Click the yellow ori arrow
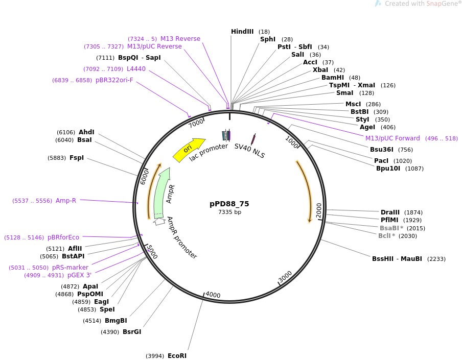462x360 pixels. coord(188,150)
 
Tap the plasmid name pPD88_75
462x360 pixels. coord(229,203)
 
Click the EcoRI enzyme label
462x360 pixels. coord(177,355)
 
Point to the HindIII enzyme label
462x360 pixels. coord(242,32)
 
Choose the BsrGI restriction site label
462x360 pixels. coord(131,332)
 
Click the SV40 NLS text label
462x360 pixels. coord(249,151)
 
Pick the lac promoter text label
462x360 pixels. coord(209,153)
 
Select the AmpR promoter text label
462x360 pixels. coord(182,237)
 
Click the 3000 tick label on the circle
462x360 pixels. coord(285,277)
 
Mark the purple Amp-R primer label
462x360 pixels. coord(66,201)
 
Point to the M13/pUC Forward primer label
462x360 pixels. coord(392,138)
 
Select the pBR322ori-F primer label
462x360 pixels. coord(114,80)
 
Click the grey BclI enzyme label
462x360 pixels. coord(384,236)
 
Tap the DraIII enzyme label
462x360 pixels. coord(391,212)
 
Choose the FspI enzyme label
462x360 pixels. coord(76,158)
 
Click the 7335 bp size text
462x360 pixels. coord(229,212)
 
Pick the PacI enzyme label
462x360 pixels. coord(381,161)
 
